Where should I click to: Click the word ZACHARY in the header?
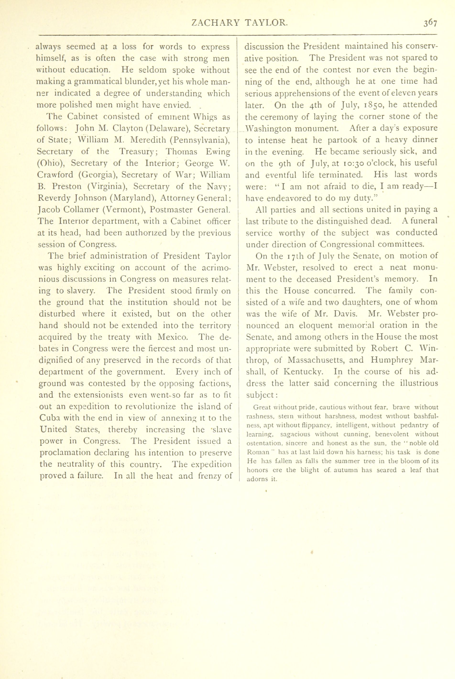(x=215, y=23)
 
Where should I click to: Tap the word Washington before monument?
(x=266, y=128)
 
